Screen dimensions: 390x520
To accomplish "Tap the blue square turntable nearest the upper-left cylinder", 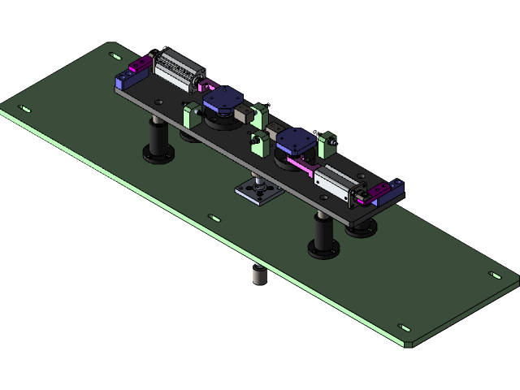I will [223, 100].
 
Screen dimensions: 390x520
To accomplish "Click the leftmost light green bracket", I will [192, 115].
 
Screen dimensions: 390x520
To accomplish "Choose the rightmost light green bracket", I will [329, 144].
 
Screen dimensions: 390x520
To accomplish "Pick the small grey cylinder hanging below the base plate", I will [257, 276].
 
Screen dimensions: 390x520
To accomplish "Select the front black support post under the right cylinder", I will [323, 235].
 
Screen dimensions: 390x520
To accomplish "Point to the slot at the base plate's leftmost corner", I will [25, 109].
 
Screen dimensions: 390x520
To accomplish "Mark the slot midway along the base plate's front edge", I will [214, 218].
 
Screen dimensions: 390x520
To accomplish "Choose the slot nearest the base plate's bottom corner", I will [405, 328].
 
